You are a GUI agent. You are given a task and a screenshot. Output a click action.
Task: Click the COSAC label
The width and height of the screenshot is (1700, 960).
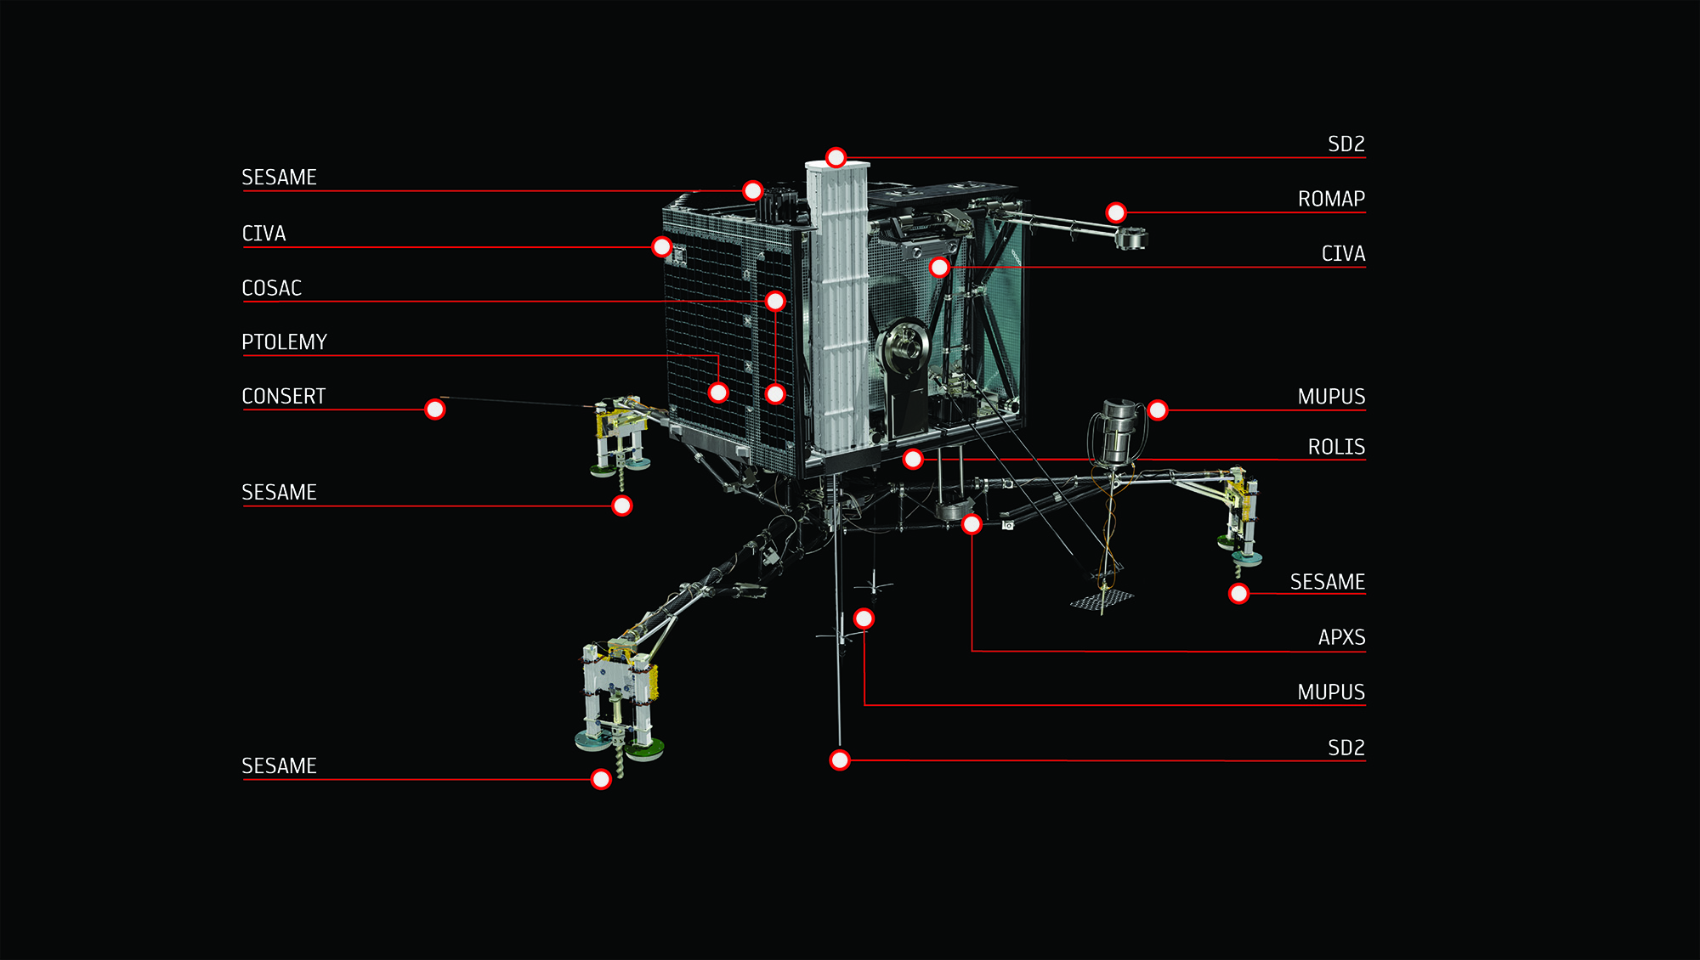point(272,288)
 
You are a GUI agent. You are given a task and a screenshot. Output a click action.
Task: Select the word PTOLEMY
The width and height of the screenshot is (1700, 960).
point(284,342)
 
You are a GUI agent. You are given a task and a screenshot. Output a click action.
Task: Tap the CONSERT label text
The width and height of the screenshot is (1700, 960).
point(283,397)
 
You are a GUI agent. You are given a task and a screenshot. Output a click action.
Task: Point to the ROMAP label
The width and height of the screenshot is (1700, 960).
point(1331,199)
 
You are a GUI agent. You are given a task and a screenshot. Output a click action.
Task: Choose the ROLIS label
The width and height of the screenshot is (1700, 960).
point(1336,447)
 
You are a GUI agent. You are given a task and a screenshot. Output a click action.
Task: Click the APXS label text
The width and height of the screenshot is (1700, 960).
point(1341,637)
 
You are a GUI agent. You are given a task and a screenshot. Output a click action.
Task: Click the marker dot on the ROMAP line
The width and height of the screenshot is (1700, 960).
point(1116,212)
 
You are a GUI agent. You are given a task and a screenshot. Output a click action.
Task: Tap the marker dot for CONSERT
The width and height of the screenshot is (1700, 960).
point(434,409)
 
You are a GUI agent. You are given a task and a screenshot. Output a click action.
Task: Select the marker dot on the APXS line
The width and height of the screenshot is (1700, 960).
point(972,524)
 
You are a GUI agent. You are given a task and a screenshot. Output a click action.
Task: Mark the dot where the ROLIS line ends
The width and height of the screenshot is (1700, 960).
point(913,460)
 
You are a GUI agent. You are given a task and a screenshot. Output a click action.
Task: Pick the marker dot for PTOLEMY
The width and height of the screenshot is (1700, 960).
point(718,392)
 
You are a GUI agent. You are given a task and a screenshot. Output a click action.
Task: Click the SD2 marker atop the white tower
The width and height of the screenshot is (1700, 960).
point(836,157)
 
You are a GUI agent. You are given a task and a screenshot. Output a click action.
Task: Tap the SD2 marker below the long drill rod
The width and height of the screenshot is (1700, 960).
point(840,760)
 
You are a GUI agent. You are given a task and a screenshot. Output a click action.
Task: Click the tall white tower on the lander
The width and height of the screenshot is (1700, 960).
point(837,306)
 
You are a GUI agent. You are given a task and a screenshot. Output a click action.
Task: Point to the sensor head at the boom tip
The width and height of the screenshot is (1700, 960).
point(1131,239)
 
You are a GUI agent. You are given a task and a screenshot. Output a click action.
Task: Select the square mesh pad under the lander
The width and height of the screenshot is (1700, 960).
point(1102,600)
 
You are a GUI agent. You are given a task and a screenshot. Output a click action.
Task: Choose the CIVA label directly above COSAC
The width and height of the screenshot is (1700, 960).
point(263,234)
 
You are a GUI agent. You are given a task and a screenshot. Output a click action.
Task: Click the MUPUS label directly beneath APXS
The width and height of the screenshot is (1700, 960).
point(1331,692)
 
